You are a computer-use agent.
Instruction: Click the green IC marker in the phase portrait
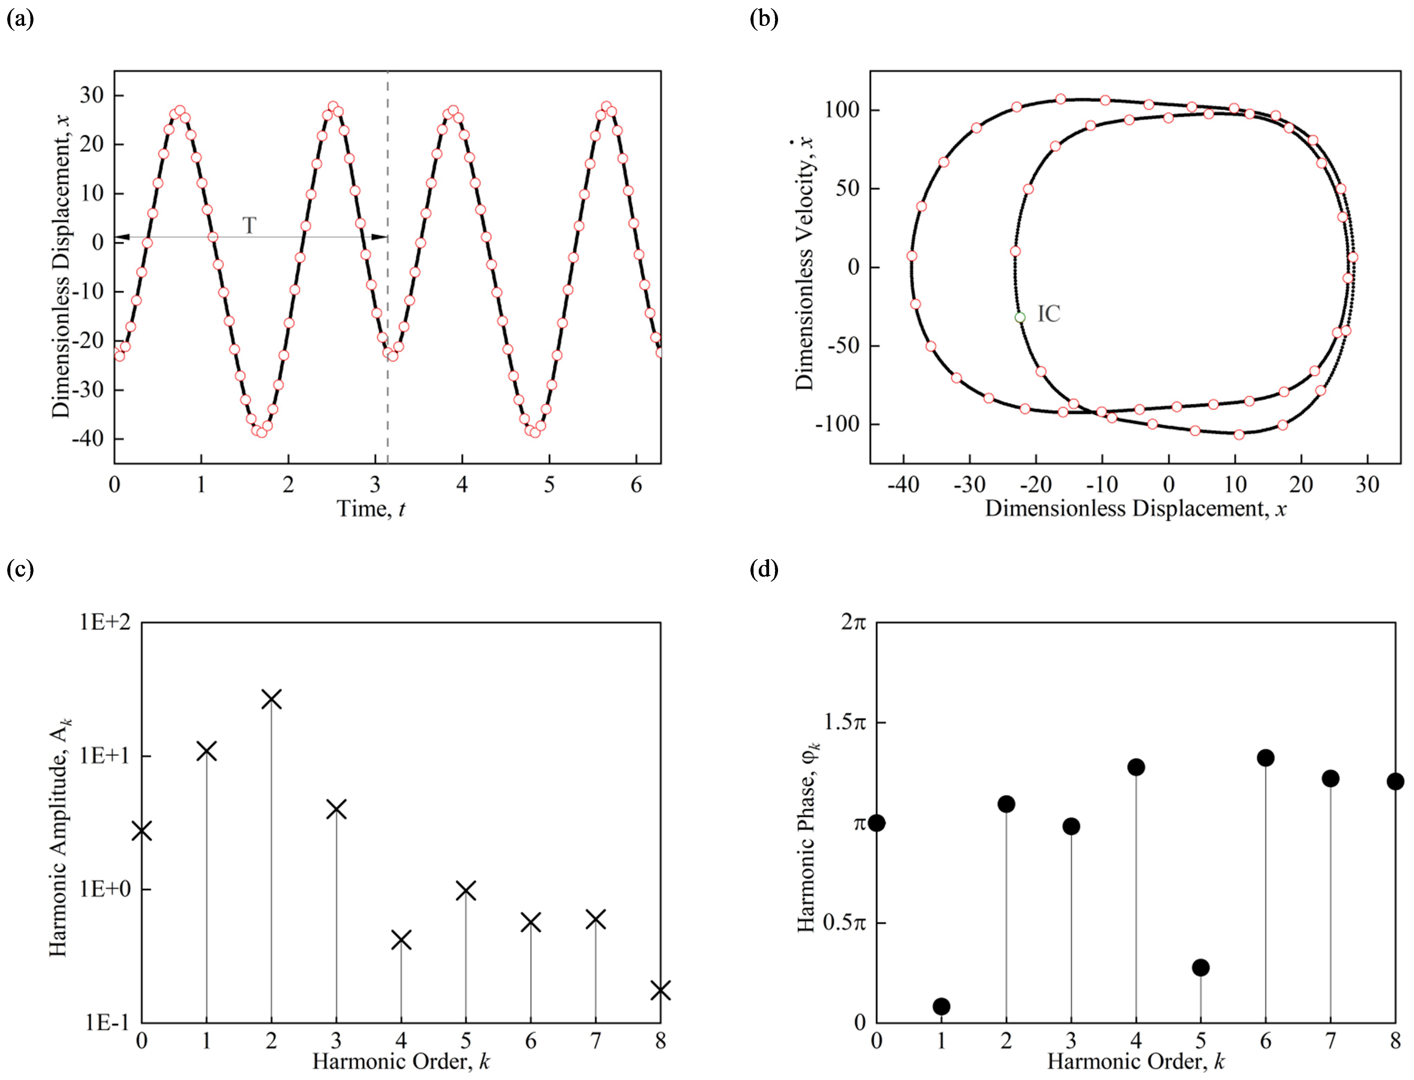[1020, 317]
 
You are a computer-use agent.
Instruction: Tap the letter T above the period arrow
[249, 225]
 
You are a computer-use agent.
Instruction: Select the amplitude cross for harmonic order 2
[271, 699]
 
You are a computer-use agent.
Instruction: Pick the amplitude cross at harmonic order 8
[660, 991]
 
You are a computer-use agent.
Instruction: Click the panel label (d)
[764, 569]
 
